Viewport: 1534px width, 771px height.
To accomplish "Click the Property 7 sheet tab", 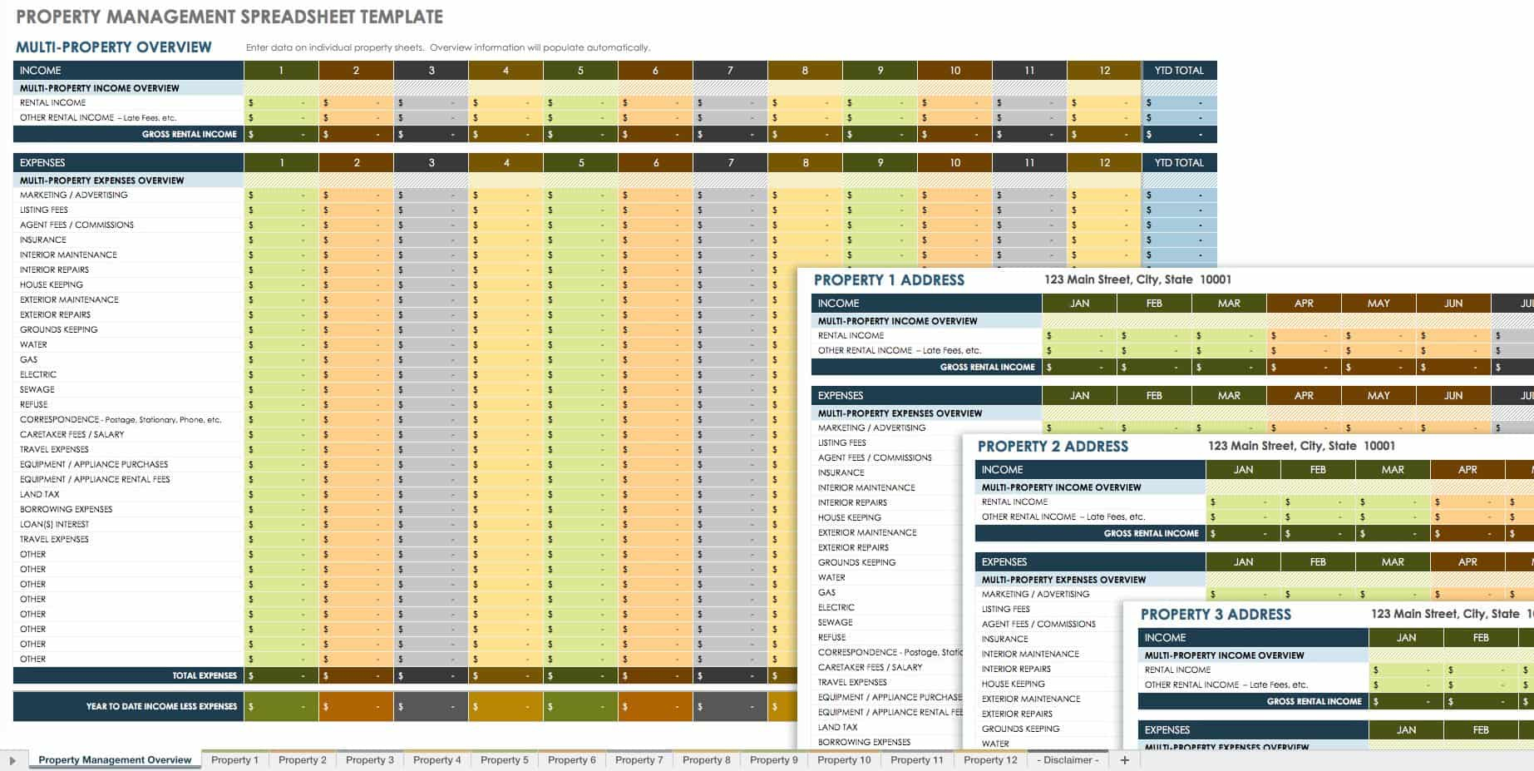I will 639,759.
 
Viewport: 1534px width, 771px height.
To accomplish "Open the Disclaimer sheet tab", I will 1071,759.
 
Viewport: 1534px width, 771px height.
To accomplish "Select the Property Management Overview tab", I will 115,759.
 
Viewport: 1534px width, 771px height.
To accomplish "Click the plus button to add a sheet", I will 1124,759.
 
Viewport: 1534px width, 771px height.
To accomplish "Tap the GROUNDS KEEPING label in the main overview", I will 58,329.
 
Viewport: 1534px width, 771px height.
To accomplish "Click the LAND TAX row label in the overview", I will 39,494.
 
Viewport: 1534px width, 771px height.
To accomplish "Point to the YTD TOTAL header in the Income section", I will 1178,71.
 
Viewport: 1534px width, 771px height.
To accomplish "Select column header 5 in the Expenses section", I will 580,163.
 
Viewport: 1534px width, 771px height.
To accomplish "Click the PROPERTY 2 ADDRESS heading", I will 1053,447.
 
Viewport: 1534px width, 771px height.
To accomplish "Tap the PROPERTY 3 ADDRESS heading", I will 1216,615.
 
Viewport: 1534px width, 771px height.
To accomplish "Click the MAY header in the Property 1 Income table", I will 1378,304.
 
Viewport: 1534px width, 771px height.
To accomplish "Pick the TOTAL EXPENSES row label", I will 204,675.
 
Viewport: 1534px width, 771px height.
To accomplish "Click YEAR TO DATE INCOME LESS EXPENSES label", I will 161,706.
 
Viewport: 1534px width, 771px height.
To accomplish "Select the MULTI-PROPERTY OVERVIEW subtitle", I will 114,47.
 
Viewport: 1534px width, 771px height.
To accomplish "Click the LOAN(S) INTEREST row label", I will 54,524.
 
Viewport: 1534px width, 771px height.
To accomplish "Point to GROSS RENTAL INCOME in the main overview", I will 189,134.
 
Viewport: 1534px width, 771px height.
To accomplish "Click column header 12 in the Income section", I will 1103,71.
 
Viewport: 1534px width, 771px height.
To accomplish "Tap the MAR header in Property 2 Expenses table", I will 1392,562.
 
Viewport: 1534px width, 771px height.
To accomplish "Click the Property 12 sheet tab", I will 989,759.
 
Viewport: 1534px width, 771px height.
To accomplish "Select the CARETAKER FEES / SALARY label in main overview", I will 72,434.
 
